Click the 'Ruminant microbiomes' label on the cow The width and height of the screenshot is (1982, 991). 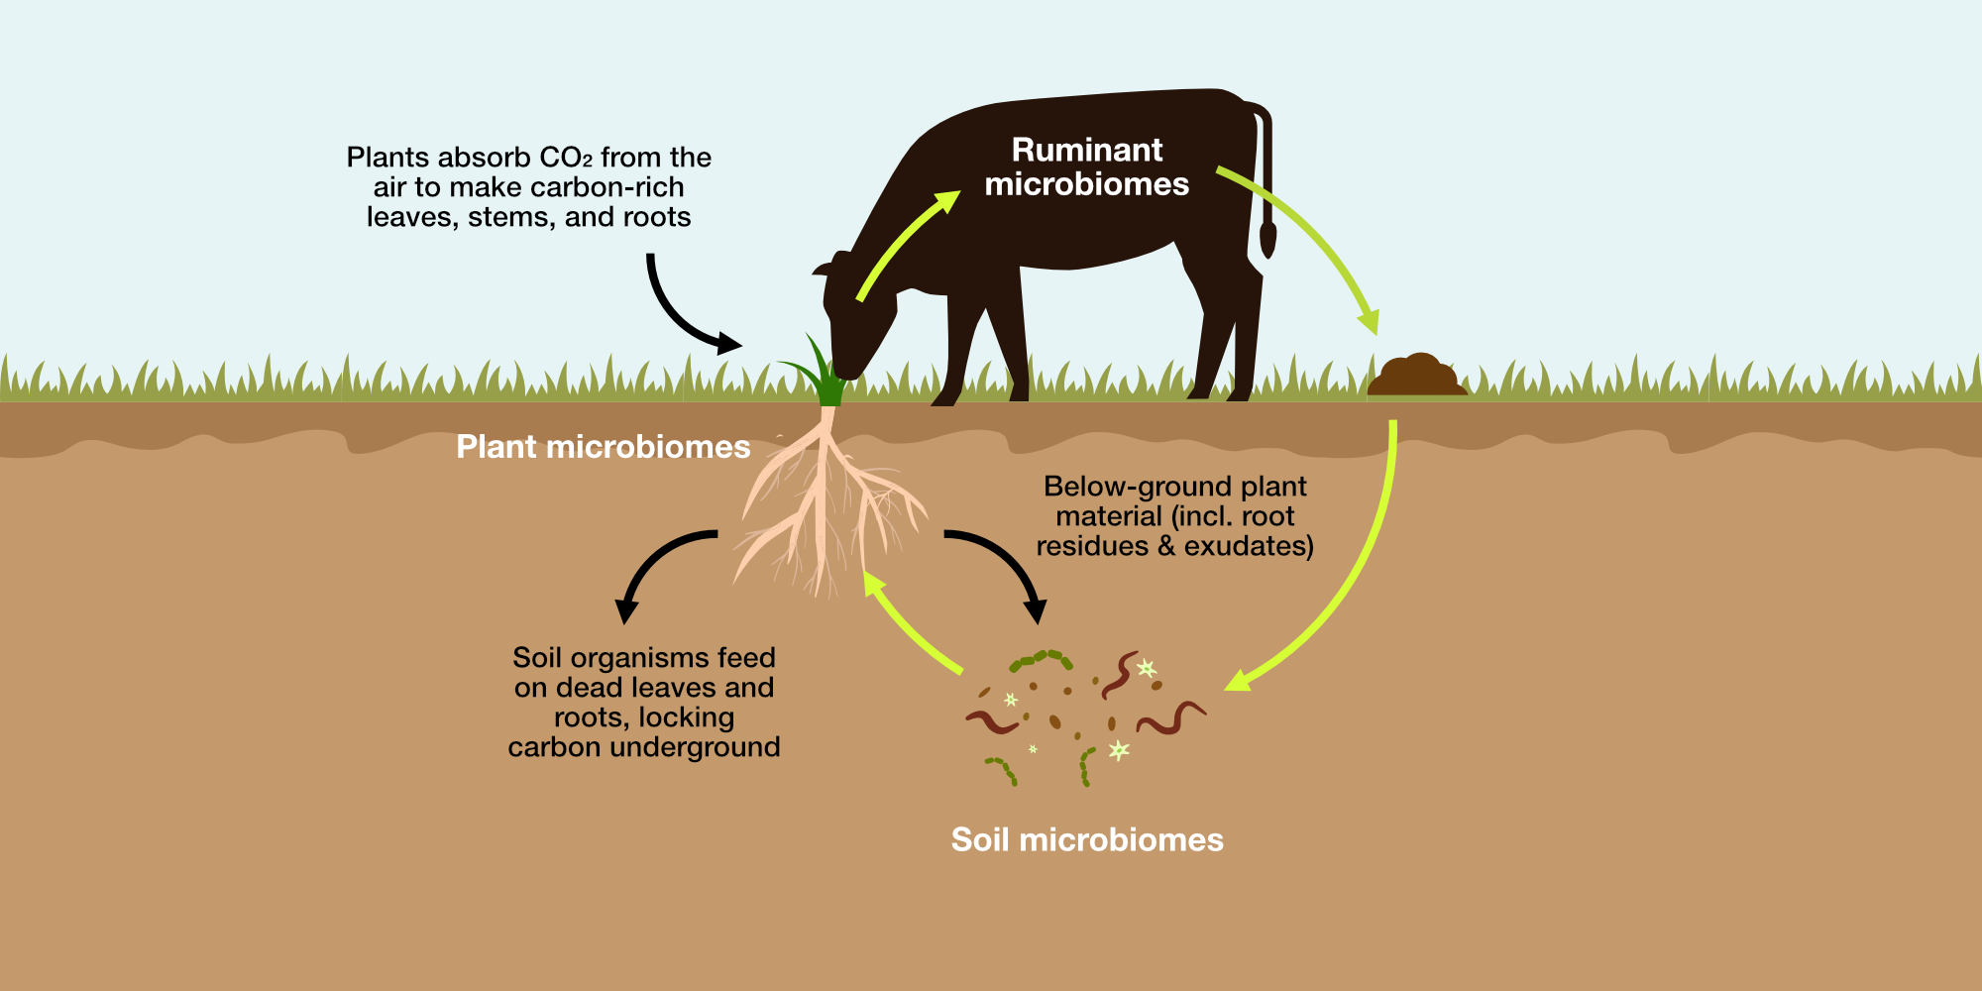point(1087,166)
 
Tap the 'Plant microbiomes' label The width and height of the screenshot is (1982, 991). point(603,447)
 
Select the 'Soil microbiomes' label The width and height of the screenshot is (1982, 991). point(1087,840)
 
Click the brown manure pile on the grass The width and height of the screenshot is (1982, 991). point(1417,377)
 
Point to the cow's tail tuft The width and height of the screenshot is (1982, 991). point(1267,240)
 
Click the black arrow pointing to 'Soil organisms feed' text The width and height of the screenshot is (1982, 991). point(654,565)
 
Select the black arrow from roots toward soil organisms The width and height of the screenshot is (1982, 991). point(1006,565)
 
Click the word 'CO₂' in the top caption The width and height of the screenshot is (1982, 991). point(565,158)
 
